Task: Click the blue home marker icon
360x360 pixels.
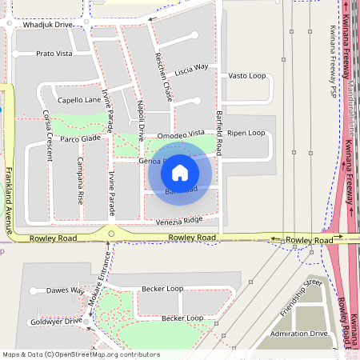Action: (180, 172)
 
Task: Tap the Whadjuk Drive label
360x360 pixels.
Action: (48, 25)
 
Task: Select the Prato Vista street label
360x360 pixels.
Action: (54, 54)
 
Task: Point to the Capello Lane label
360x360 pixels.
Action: (78, 100)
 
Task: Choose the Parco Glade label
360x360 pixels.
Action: (80, 138)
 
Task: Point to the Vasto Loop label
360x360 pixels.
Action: (246, 75)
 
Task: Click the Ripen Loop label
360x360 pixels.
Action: (246, 133)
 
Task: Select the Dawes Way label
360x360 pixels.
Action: (65, 290)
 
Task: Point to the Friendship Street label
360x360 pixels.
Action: (301, 297)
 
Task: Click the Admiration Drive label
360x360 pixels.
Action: (298, 333)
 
